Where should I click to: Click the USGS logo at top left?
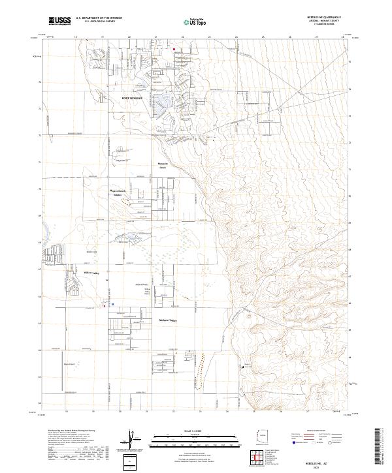click(60, 21)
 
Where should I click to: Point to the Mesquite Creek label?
click(164, 165)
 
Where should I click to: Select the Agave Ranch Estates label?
click(118, 192)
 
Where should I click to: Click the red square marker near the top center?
click(174, 49)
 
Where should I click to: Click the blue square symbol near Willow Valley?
click(113, 303)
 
